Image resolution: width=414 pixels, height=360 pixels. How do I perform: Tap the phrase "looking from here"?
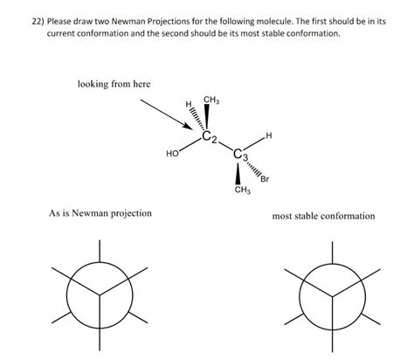point(114,84)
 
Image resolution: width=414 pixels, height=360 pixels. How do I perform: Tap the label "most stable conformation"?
point(323,216)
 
